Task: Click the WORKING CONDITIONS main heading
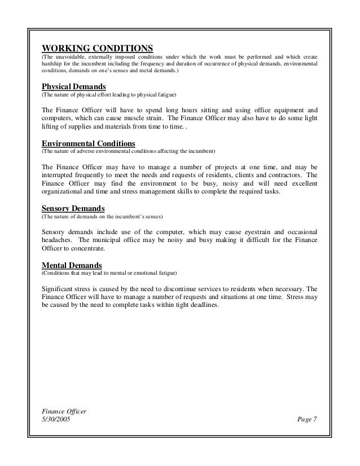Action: [x=98, y=47]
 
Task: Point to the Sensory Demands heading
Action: [x=73, y=208]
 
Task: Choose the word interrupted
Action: [x=62, y=174]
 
